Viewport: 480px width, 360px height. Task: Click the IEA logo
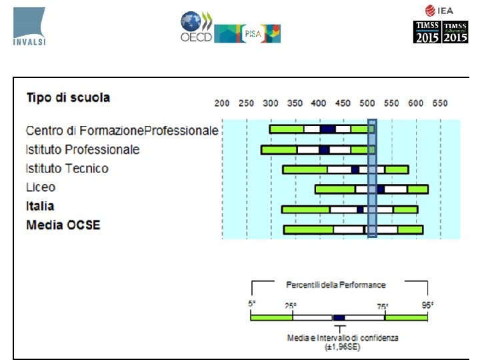click(439, 10)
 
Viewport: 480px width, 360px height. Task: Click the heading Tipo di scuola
click(68, 98)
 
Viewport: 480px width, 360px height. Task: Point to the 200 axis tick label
click(222, 104)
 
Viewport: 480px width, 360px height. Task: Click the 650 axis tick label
click(439, 104)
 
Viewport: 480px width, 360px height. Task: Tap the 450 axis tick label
click(343, 104)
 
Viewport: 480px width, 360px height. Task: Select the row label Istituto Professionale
click(83, 149)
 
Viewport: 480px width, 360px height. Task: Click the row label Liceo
click(41, 187)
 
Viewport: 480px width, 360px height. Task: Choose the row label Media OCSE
click(63, 225)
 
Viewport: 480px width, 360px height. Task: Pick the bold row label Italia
click(40, 206)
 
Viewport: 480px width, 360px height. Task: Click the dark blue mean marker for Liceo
click(381, 189)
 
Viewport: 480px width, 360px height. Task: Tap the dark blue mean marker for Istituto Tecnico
click(355, 169)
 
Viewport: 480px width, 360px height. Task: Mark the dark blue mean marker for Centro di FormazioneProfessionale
click(327, 129)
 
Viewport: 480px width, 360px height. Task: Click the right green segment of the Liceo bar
click(418, 189)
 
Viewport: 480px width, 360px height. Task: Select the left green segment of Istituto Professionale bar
click(279, 150)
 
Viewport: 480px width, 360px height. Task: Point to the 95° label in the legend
click(427, 304)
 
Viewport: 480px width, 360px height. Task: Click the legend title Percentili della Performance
click(336, 285)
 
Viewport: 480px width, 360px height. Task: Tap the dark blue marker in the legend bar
click(339, 317)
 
